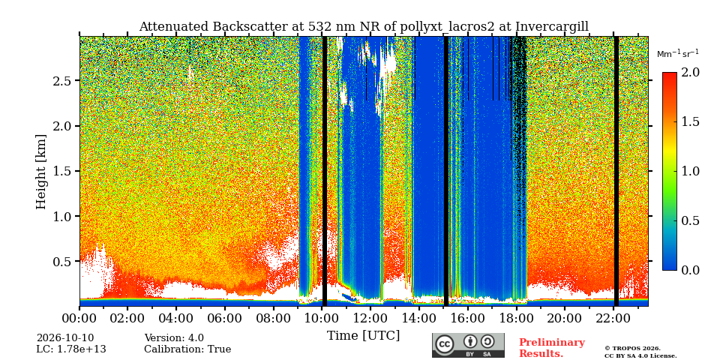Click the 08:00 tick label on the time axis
[273, 318]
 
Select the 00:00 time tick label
[79, 318]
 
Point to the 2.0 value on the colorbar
[690, 73]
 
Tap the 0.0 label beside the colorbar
[690, 270]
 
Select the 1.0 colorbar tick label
[690, 171]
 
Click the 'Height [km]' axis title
[41, 172]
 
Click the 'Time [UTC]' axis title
[363, 336]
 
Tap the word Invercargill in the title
[552, 27]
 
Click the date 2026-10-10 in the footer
[65, 338]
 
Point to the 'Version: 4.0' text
[174, 338]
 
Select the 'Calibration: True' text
[187, 349]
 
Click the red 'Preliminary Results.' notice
[552, 348]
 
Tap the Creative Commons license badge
[468, 345]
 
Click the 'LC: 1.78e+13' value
[71, 349]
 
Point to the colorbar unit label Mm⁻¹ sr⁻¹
[678, 54]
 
